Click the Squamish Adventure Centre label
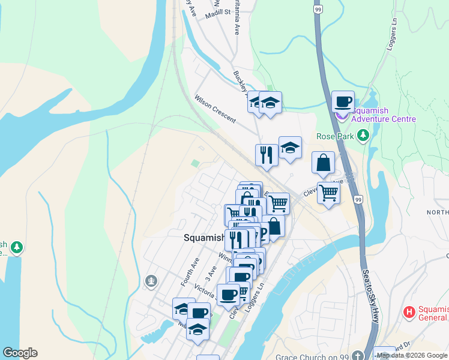click(x=384, y=115)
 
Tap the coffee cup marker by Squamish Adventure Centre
click(x=343, y=102)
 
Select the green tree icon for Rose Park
click(x=362, y=136)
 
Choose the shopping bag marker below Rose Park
click(x=323, y=163)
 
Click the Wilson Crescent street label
click(x=215, y=108)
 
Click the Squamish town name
click(x=203, y=238)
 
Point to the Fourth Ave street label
click(x=190, y=271)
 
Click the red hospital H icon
click(x=409, y=311)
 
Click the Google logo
click(x=20, y=353)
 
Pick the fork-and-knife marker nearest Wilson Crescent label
click(x=266, y=155)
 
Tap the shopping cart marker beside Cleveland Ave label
click(x=328, y=193)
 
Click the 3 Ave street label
click(x=209, y=271)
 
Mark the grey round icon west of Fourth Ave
click(x=151, y=280)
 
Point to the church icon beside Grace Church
click(x=358, y=355)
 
